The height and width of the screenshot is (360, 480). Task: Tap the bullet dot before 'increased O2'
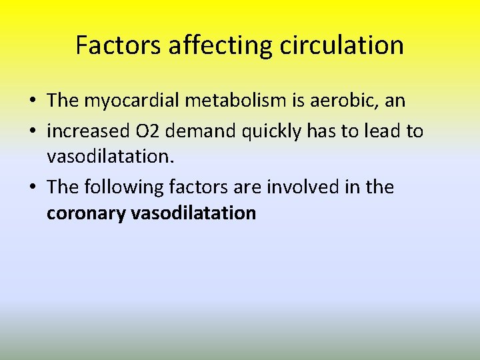[x=33, y=131]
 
